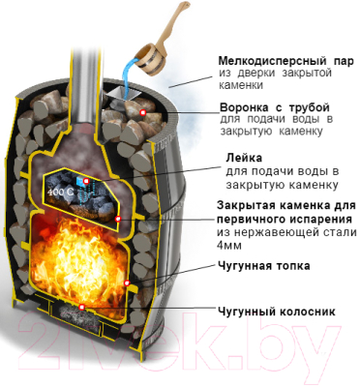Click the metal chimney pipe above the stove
click(90, 48)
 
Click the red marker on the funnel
click(140, 113)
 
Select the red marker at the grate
click(82, 306)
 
